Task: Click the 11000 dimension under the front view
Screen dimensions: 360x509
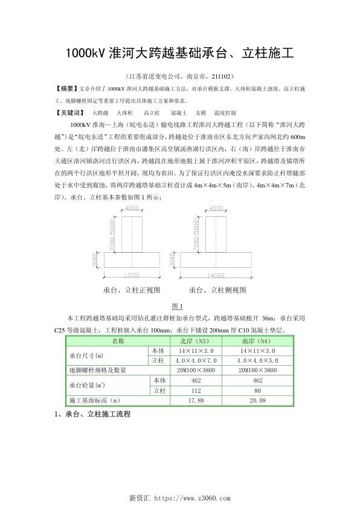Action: [131, 275]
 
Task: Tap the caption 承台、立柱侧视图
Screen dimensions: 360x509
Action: [217, 290]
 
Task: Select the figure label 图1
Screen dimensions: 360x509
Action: [178, 306]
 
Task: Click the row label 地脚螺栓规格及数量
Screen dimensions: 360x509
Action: [97, 370]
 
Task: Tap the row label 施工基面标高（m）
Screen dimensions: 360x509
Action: [96, 400]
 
